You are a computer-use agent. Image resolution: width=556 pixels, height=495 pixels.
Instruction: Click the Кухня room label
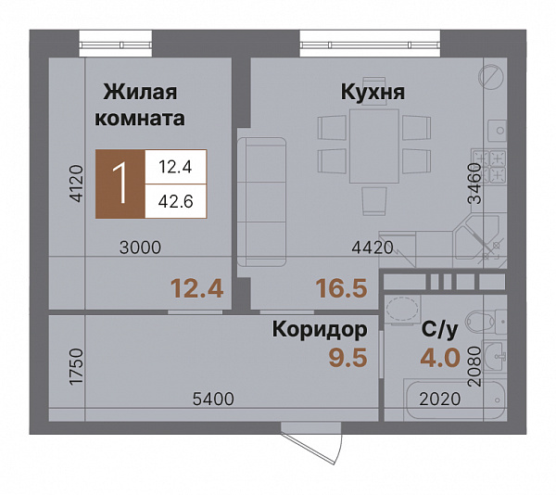tap(373, 94)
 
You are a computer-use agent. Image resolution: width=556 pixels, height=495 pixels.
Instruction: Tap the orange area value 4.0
tap(439, 358)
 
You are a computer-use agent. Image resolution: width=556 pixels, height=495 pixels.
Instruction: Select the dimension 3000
tap(140, 247)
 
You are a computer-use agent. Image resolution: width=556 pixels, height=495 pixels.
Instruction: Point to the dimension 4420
tap(374, 247)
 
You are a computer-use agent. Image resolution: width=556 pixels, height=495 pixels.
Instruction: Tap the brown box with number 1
tap(120, 184)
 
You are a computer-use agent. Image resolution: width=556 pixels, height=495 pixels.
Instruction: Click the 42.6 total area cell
tap(174, 201)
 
